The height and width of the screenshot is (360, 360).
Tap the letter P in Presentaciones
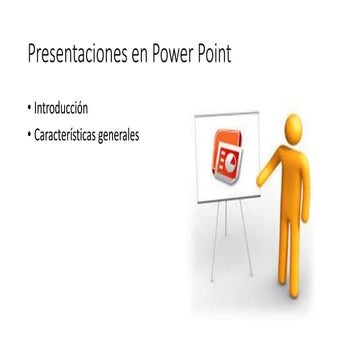[x=33, y=54]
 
